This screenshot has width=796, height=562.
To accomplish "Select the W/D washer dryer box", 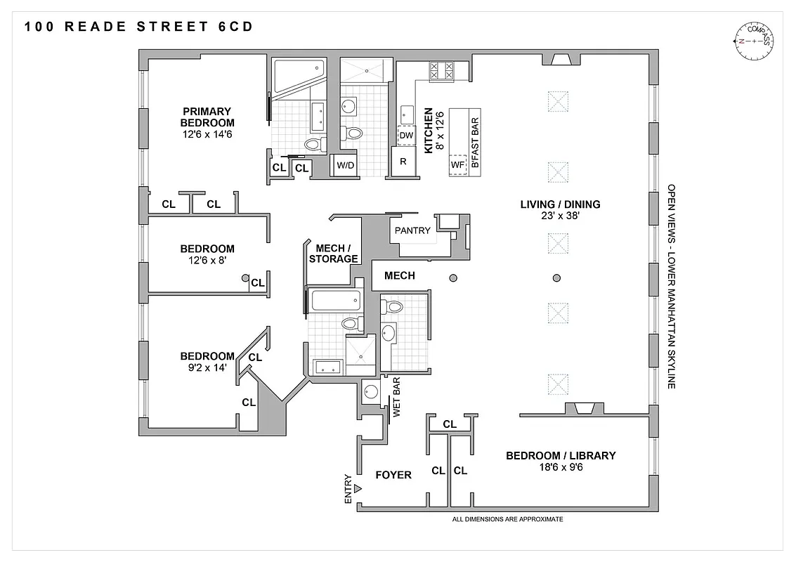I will (345, 166).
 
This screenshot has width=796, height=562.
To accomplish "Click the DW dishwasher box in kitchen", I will (406, 136).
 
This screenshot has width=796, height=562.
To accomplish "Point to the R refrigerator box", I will (403, 161).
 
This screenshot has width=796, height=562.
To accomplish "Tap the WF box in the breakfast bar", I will (458, 164).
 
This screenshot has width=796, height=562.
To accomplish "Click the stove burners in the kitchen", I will (443, 71).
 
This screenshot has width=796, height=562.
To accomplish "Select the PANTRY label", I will (412, 230).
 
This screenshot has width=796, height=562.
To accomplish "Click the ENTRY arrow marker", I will (358, 488).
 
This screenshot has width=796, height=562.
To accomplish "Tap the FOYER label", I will (393, 476).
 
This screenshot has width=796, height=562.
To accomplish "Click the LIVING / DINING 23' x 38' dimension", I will (560, 217).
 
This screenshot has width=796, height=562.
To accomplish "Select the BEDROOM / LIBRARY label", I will (561, 455).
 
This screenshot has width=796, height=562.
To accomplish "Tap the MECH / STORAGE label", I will (337, 253).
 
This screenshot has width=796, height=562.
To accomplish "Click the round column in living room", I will (556, 278).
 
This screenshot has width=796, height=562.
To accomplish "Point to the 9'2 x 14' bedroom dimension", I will (207, 367).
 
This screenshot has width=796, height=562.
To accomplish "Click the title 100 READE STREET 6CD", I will (138, 27).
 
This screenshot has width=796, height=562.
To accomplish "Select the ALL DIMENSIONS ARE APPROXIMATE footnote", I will (508, 519).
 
